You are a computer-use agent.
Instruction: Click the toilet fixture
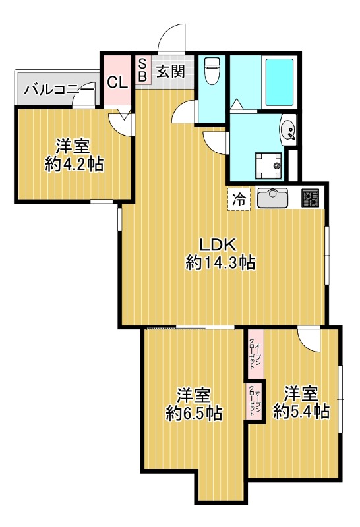click(212, 70)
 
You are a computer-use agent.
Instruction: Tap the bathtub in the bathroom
click(280, 82)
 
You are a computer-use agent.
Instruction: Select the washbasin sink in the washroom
click(288, 130)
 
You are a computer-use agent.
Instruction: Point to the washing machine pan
click(269, 166)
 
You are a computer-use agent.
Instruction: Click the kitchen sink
click(272, 198)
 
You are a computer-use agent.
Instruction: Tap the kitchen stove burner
click(310, 198)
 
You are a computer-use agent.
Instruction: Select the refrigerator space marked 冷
click(239, 199)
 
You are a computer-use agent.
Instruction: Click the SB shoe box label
click(142, 70)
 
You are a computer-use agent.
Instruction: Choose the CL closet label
click(117, 82)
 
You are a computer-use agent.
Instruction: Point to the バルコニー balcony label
click(59, 90)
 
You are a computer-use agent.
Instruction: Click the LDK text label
click(219, 244)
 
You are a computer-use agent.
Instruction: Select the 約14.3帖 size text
click(220, 262)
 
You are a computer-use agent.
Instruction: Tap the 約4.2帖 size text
click(74, 164)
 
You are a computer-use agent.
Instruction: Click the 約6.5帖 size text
click(194, 413)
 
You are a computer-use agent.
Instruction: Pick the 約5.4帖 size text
click(301, 410)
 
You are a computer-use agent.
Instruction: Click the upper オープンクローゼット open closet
click(255, 354)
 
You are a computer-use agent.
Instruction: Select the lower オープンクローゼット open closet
click(255, 402)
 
